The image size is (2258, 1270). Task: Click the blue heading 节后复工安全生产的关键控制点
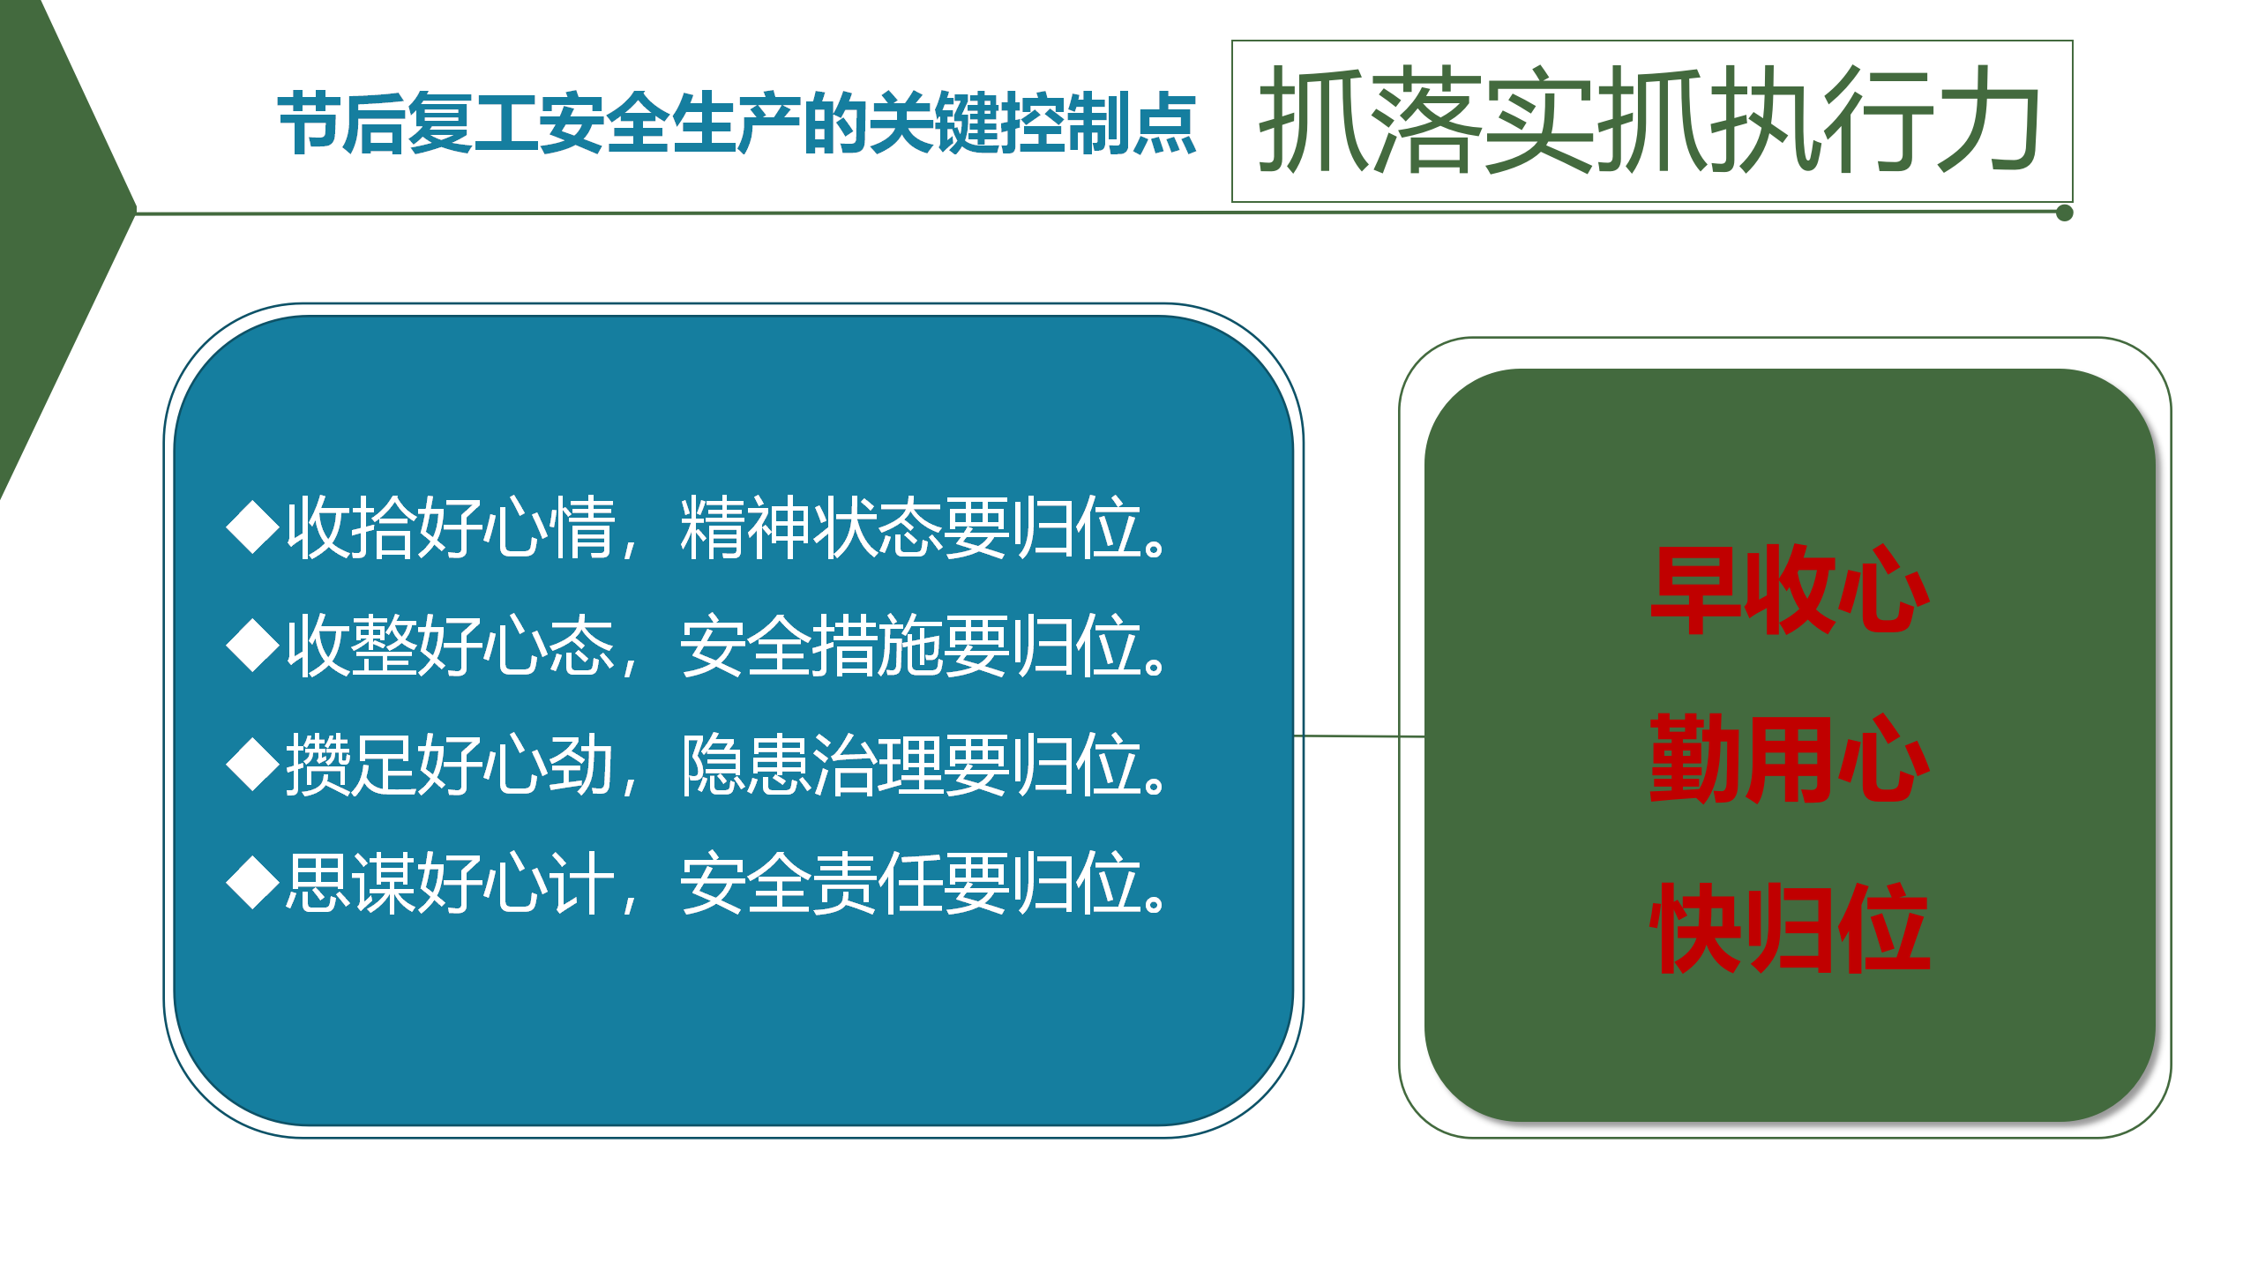736,123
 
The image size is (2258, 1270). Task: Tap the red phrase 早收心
1791,589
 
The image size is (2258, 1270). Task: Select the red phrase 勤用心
1791,758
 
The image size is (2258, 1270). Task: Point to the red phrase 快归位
1791,928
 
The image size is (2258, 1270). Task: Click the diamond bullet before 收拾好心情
254,527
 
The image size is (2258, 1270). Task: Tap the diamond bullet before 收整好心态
254,646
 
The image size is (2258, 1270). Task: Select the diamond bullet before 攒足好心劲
254,765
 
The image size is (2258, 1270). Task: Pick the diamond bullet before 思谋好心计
254,883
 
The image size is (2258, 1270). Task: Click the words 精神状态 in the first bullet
811,527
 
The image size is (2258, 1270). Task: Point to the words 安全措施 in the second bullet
811,646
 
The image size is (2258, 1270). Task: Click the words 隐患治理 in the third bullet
811,765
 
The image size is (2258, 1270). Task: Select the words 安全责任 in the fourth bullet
811,883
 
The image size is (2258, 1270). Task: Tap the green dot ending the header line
2064,213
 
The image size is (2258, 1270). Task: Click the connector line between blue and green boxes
1359,736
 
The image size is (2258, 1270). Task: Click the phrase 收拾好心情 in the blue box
450,527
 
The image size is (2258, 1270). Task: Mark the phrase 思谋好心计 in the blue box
450,883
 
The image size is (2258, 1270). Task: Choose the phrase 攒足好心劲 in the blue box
450,765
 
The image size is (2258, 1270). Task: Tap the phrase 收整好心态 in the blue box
450,646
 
